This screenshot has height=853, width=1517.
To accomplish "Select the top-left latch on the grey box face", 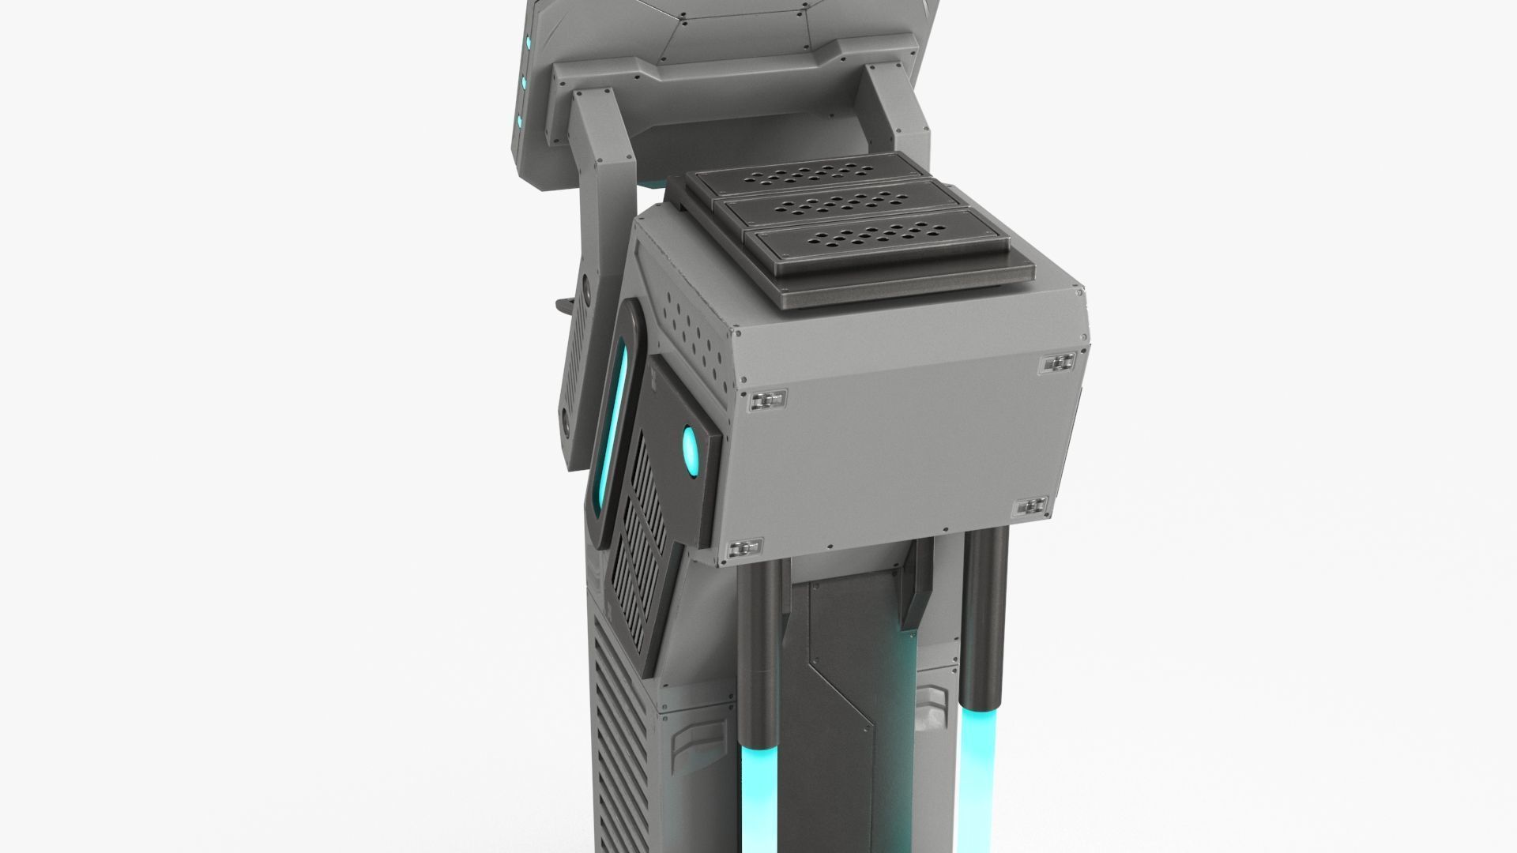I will (x=766, y=400).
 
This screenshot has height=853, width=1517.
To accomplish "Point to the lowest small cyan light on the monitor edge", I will (x=521, y=121).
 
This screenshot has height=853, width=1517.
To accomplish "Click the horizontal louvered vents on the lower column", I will (x=624, y=758).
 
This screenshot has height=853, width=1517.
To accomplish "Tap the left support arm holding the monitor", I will (x=605, y=197).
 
